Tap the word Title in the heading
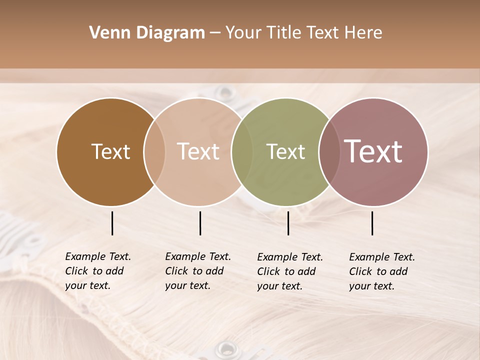coord(284,33)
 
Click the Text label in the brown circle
coord(110,151)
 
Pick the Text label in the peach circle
coord(198,151)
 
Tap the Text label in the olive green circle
coord(285,151)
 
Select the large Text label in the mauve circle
coord(373,151)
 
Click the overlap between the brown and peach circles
coord(154,151)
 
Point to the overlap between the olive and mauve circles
coord(329,151)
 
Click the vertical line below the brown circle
coord(112,223)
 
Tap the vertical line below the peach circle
coord(200,223)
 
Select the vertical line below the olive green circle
coord(288,223)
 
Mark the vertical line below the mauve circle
coord(372,223)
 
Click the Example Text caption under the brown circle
coord(98,271)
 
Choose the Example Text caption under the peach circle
coord(198,271)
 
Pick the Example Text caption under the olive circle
coord(290,271)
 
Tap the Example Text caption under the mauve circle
coord(382,271)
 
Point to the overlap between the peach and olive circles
coord(242,151)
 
